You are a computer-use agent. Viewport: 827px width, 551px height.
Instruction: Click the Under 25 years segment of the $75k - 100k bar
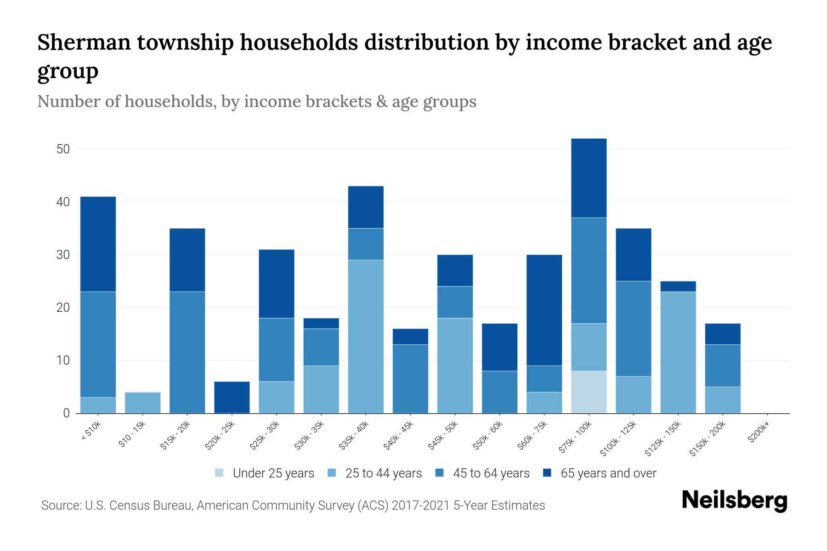tap(589, 392)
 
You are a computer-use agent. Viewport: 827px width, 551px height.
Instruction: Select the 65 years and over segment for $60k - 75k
tap(544, 310)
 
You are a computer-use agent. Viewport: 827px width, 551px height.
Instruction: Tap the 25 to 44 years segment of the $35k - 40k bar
tap(366, 337)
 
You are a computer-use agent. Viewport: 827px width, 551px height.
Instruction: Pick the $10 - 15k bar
tap(142, 403)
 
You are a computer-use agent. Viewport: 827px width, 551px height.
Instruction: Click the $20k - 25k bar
tap(232, 397)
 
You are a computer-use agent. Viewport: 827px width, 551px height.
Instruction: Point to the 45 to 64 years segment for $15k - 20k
tap(187, 352)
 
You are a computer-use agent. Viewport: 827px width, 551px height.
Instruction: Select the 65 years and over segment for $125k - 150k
tap(678, 286)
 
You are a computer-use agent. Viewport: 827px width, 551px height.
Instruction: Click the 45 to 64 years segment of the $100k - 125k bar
tap(633, 328)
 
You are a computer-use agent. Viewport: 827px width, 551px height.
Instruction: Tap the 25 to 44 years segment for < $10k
tap(98, 405)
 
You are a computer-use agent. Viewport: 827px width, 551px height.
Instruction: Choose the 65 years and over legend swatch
tap(547, 473)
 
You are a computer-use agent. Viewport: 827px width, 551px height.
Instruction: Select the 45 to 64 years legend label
tap(491, 473)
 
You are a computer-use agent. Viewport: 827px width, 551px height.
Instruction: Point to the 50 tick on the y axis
tap(63, 149)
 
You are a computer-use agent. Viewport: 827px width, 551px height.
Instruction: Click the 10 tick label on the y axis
tap(63, 360)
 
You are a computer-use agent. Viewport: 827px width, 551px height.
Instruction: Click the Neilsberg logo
tap(734, 500)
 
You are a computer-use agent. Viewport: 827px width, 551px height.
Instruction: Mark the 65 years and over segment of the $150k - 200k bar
tap(722, 334)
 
